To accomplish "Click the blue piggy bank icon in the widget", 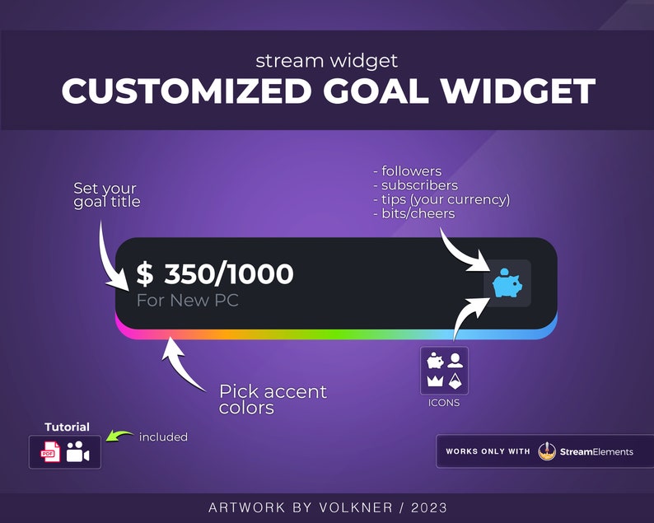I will pos(507,283).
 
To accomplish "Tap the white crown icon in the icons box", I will pos(434,381).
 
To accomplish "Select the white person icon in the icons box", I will pos(455,360).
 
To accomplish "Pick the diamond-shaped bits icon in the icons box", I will pos(455,381).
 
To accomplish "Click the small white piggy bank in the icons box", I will pos(434,360).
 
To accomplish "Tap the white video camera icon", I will pos(78,451).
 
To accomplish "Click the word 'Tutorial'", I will pos(67,427).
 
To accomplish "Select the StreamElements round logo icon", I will pos(548,451).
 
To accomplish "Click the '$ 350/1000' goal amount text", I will pos(214,274).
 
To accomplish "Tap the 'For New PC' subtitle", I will pos(188,301).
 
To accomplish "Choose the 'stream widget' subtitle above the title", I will pos(326,60).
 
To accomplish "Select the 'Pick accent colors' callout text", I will pos(273,399).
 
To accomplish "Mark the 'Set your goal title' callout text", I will pos(107,196).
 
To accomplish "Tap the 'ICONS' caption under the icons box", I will pos(444,403).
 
